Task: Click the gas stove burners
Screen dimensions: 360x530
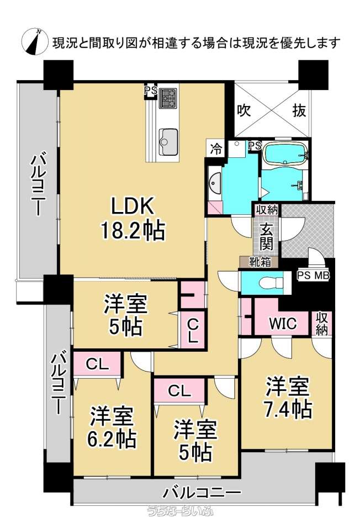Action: point(168,98)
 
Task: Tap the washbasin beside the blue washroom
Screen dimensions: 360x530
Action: point(215,182)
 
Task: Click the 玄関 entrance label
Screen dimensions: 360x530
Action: point(266,237)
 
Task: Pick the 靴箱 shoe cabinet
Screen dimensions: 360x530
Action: point(260,262)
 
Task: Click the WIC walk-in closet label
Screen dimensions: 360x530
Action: point(283,323)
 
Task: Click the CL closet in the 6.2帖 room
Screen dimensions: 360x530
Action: point(97,364)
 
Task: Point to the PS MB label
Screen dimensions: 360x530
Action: point(313,275)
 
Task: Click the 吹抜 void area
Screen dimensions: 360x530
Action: point(272,110)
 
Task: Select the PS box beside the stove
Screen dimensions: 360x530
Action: point(150,91)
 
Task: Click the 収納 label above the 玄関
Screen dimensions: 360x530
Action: point(266,209)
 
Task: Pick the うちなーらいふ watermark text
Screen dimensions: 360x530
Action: point(180,521)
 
